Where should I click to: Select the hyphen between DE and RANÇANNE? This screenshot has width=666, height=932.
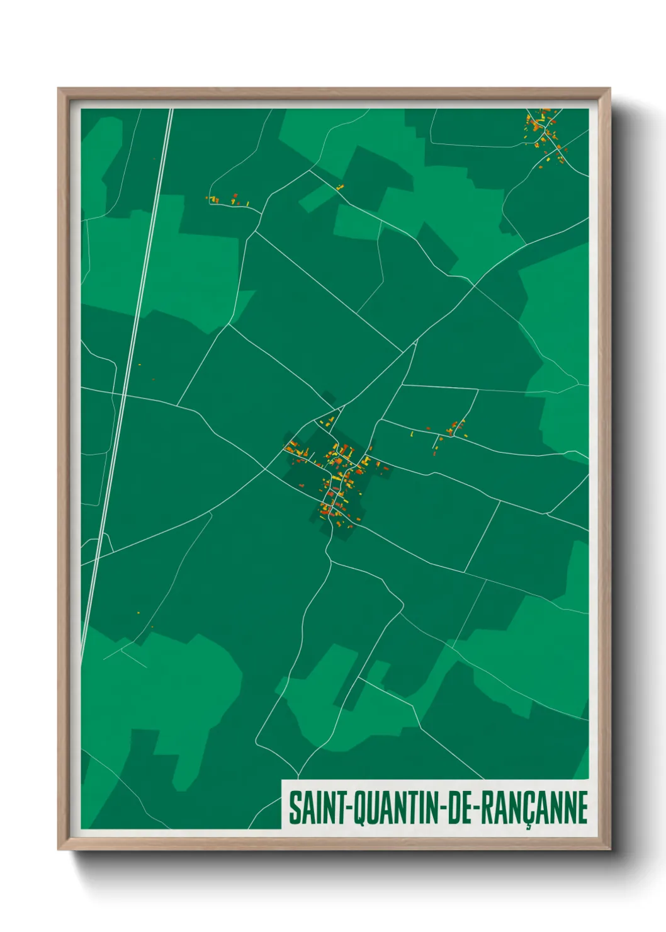(477, 809)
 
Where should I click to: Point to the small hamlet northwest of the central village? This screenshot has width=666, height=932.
(227, 200)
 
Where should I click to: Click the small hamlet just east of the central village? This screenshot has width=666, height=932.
(452, 430)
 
